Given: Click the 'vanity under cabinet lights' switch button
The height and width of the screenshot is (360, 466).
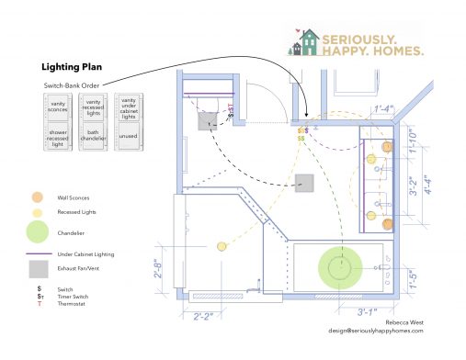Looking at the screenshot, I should [x=128, y=107].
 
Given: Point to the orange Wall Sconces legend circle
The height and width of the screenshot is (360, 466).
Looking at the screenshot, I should [x=36, y=197].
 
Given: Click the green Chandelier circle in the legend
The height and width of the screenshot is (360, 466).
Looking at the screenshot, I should [x=36, y=231].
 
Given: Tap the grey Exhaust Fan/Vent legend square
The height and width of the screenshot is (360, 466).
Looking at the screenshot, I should [x=37, y=269].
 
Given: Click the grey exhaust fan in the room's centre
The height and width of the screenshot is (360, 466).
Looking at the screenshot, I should [x=303, y=183].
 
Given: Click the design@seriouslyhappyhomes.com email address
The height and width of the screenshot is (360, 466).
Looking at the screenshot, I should [x=380, y=332].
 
